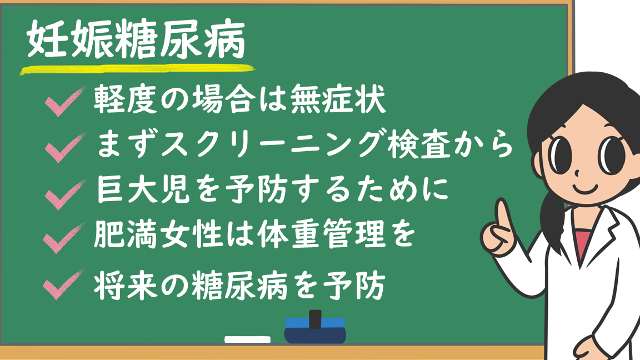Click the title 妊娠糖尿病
[136, 39]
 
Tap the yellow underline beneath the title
[138, 69]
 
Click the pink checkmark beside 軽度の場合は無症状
[65, 101]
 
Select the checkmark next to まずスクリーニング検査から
[65, 147]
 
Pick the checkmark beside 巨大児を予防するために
[65, 194]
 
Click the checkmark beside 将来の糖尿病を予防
[64, 284]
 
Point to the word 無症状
[338, 99]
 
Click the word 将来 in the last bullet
[126, 286]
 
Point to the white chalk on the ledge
[247, 339]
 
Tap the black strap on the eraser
[315, 319]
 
